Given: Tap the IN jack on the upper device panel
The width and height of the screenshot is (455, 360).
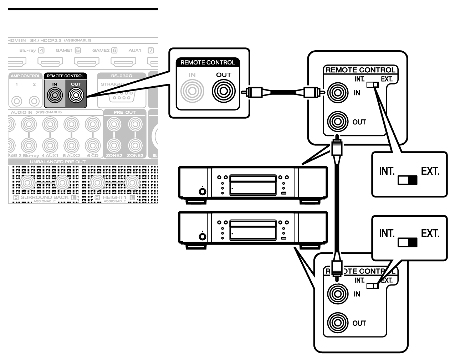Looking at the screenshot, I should point(337,93).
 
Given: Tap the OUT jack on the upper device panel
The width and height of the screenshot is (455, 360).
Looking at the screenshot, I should point(337,122).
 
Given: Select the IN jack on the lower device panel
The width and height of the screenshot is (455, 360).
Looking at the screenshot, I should point(337,294).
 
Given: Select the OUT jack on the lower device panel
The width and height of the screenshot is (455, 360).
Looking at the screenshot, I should point(337,323).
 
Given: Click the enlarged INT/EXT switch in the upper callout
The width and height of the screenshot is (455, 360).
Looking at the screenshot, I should point(408,180).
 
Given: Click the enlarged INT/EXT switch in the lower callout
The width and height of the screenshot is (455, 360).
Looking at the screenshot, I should point(408,242).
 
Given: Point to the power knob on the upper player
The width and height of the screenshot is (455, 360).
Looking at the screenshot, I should point(202,192).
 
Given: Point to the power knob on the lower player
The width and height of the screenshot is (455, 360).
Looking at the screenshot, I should point(202,236).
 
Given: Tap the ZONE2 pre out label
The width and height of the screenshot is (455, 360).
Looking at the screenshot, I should point(114,156).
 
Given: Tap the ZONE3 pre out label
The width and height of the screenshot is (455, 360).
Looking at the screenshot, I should point(135,156).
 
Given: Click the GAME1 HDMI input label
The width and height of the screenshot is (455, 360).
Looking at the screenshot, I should point(64,51).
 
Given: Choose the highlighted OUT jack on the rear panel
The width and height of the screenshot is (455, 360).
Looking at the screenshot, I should point(76,95).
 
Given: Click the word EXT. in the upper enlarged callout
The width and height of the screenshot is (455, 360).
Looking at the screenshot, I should point(430,171).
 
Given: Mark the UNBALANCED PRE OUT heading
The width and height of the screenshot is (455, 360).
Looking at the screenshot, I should point(57,162).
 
